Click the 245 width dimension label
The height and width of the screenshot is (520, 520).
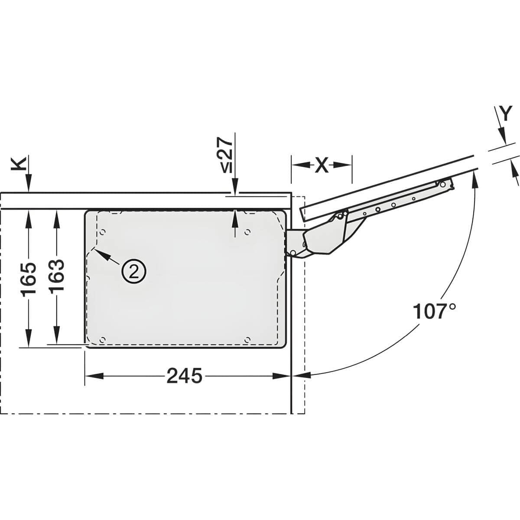[x=184, y=376]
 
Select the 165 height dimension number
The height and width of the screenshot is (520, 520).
[x=29, y=279]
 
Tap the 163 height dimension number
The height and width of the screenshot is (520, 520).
[x=57, y=275]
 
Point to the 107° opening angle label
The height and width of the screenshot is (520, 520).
[x=435, y=311]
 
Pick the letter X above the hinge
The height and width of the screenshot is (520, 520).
[x=322, y=165]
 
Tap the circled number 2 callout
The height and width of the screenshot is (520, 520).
[x=133, y=272]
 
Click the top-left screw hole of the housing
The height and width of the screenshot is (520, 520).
[x=102, y=232]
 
